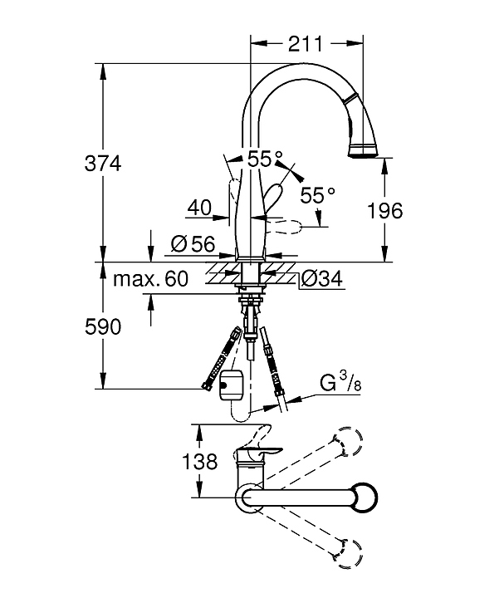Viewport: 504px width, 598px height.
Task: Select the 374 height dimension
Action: pyautogui.click(x=104, y=164)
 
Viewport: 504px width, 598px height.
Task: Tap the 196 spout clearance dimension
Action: pyautogui.click(x=385, y=211)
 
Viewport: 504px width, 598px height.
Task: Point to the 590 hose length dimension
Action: pyautogui.click(x=104, y=326)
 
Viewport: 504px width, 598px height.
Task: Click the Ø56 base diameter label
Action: pyautogui.click(x=192, y=244)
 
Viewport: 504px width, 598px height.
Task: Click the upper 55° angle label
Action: pyautogui.click(x=265, y=156)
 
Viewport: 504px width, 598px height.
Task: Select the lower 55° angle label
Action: pyautogui.click(x=317, y=194)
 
